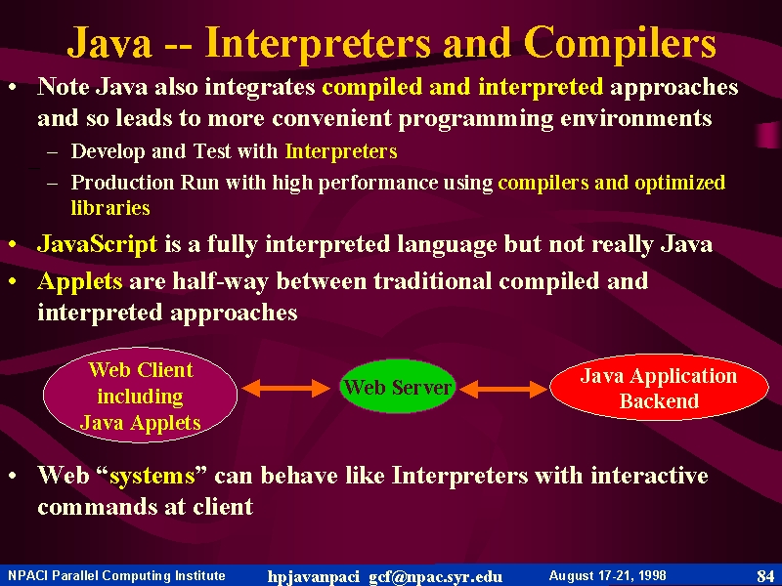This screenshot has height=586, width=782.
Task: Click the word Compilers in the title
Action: tap(620, 43)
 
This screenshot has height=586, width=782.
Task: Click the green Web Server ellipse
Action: tap(398, 386)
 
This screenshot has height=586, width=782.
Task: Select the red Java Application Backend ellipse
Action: tap(659, 387)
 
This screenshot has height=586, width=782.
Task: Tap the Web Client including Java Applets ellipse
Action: tap(140, 395)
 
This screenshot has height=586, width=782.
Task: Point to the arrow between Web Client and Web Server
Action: tap(285, 388)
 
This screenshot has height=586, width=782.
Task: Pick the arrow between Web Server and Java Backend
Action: tap(503, 389)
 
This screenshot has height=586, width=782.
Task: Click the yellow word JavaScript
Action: tap(98, 244)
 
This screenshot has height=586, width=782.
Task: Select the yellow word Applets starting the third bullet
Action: tap(80, 281)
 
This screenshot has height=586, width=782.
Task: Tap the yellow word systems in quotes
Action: tap(152, 476)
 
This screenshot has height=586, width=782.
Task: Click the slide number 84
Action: tap(765, 576)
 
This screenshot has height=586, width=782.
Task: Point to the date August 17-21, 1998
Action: tap(607, 575)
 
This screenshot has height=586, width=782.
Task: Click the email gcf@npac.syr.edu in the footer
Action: tap(435, 576)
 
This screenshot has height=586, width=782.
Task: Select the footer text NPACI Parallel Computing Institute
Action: tap(116, 575)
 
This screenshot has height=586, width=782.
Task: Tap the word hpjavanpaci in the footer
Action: tap(313, 576)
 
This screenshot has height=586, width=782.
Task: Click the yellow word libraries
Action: tap(110, 207)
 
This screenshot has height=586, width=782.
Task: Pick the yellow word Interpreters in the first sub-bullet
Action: tap(341, 151)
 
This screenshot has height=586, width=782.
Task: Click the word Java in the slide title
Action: tap(109, 43)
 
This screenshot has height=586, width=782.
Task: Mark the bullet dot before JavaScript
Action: tap(13, 244)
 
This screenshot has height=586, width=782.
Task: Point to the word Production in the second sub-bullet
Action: tap(122, 183)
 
